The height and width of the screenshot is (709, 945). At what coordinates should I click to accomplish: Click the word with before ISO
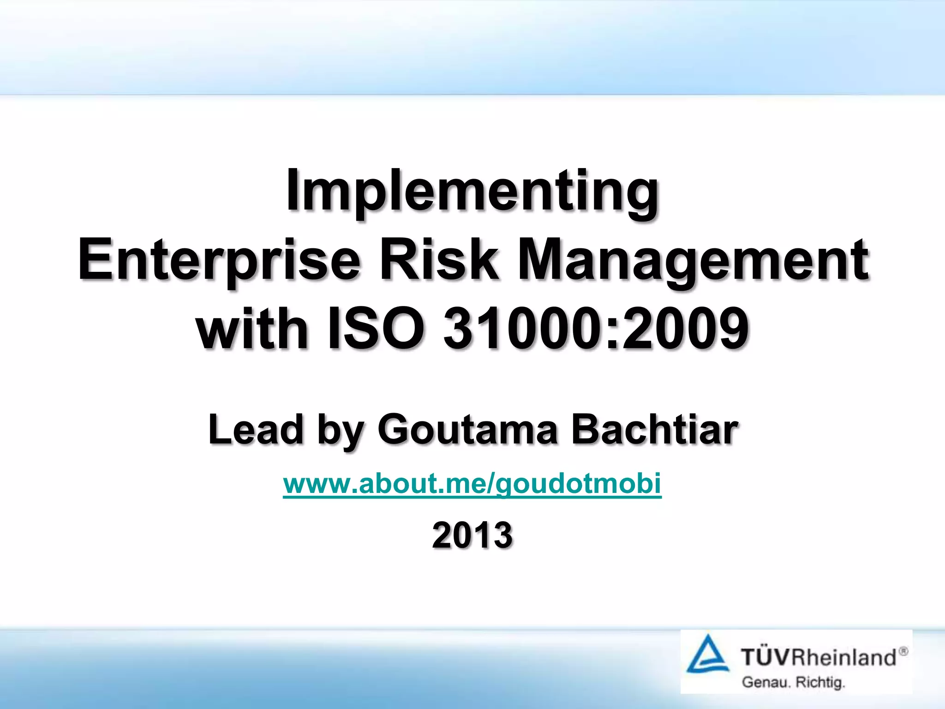point(252,329)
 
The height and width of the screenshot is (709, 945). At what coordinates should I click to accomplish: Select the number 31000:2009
point(595,329)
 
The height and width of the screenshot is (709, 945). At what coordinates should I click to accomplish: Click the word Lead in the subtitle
point(255,429)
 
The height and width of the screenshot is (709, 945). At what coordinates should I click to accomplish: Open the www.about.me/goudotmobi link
point(472,484)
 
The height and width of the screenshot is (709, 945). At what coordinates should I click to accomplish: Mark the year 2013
point(472,535)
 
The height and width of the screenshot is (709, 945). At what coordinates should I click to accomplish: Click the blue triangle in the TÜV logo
point(707,655)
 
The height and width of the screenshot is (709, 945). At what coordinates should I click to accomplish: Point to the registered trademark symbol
point(903,651)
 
